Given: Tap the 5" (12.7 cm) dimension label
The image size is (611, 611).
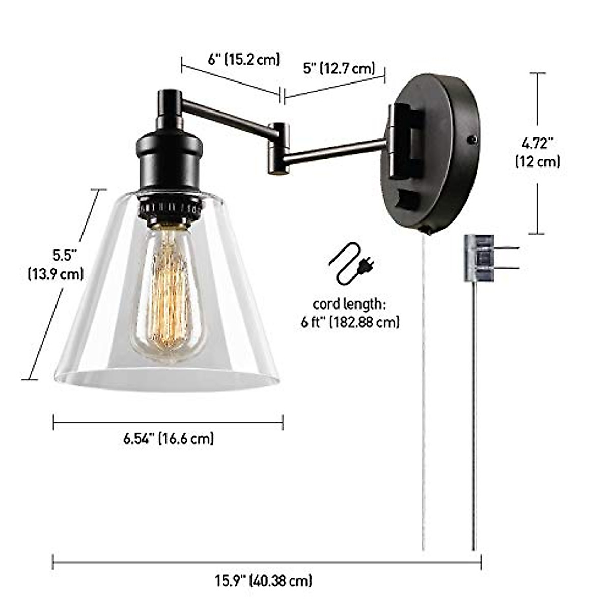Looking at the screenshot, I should pos(339,68).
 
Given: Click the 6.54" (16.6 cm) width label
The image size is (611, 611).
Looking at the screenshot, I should pos(169,438).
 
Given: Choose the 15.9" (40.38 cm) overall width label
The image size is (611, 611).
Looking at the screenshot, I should pos(263,580).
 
